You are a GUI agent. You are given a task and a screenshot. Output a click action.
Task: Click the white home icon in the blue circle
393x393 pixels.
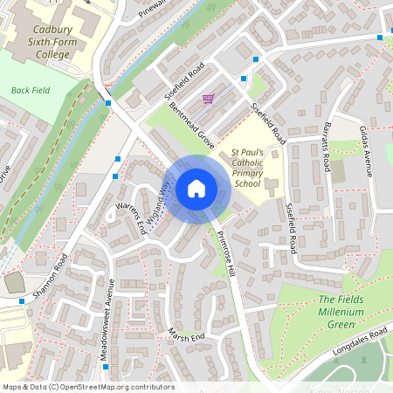(x=196, y=189)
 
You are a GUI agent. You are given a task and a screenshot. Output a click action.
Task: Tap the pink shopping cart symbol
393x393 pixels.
(x=208, y=100)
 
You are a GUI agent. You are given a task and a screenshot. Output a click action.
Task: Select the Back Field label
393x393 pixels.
(x=31, y=90)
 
